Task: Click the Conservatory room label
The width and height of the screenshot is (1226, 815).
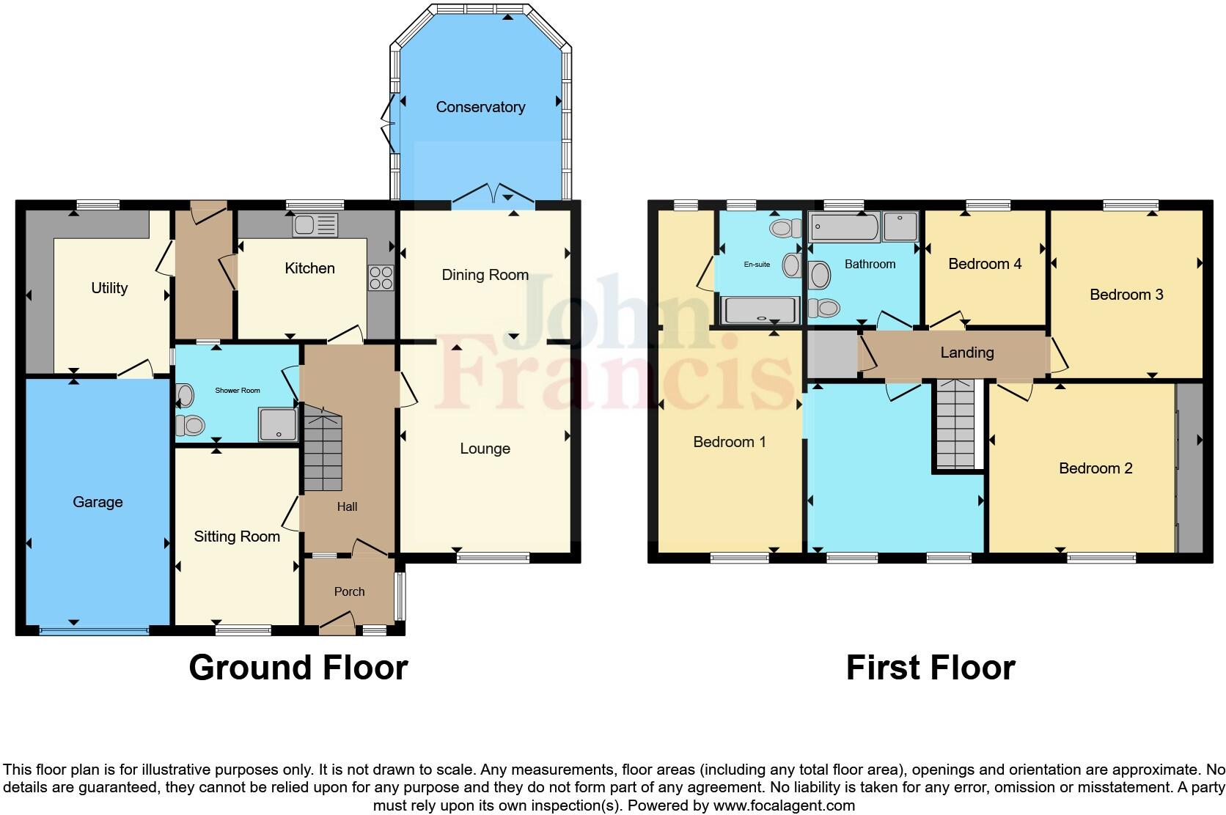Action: (480, 107)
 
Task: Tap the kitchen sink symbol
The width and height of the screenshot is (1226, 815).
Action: (315, 225)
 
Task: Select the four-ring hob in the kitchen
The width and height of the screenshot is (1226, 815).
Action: (381, 278)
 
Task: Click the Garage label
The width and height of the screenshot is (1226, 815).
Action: (98, 502)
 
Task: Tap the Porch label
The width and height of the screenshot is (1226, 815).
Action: (349, 591)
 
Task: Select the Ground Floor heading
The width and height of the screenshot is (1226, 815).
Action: (298, 668)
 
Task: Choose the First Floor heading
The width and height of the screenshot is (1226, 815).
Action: (930, 668)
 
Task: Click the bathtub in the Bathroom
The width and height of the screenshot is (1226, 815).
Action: (844, 227)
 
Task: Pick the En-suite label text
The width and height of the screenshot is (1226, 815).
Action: (757, 265)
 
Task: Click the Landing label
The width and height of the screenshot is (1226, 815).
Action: (966, 353)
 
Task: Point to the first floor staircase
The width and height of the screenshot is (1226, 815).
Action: (956, 425)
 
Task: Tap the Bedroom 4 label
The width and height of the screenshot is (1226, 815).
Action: (984, 264)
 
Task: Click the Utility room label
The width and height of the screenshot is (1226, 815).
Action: (109, 288)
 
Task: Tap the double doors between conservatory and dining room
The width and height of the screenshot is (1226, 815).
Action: (493, 194)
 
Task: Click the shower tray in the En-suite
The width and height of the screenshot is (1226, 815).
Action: (760, 310)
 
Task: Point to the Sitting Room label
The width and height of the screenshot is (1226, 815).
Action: (237, 536)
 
